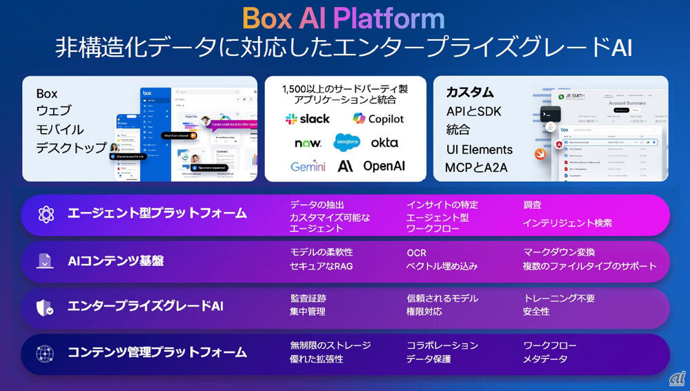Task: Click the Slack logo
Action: point(308,119)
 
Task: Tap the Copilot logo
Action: point(378,119)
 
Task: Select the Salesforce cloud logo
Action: point(347,142)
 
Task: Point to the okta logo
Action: point(384,142)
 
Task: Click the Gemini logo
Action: point(308,166)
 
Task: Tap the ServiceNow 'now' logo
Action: point(308,143)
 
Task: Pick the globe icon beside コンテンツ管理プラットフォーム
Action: point(46,352)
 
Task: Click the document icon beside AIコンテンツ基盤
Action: point(46,260)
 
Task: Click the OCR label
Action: point(416,253)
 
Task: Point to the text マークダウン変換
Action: point(559,252)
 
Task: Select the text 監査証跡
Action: point(308,298)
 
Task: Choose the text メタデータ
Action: point(545,359)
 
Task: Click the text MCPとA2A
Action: point(476,168)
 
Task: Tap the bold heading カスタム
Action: point(469,93)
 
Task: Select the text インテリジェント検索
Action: point(567,222)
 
